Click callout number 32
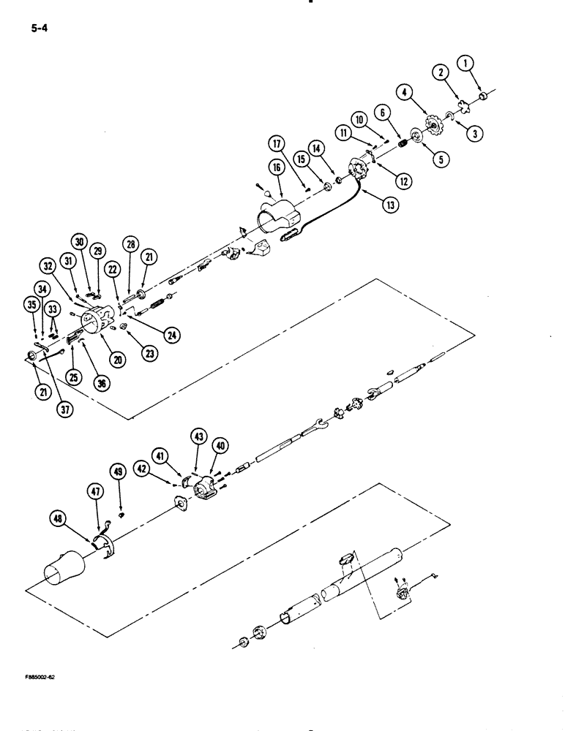click(x=48, y=265)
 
